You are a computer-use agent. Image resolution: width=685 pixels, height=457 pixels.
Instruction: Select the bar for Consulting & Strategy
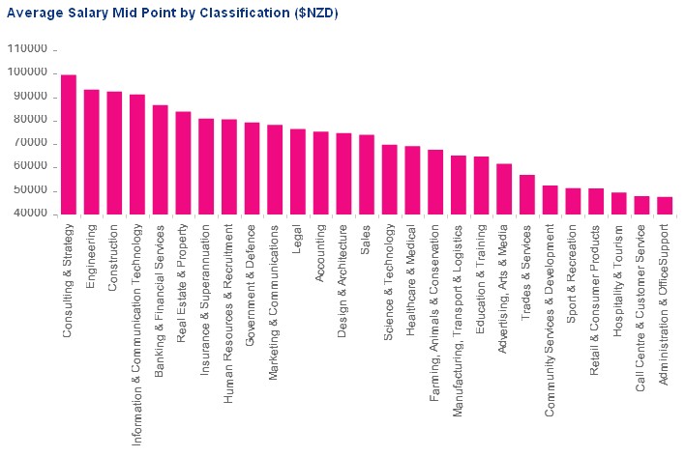pos(69,145)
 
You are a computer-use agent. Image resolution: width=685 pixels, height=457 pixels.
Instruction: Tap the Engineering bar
pos(92,152)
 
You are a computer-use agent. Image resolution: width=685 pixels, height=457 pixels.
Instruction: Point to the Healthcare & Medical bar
pos(412,181)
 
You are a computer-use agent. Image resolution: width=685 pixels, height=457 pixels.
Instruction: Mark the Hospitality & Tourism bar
pos(618,203)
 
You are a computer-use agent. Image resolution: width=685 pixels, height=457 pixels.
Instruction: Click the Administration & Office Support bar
pos(665,206)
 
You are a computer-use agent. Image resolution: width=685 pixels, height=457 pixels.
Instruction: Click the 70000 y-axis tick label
pos(30,144)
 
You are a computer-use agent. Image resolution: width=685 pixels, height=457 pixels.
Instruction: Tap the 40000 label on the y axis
pos(30,214)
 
